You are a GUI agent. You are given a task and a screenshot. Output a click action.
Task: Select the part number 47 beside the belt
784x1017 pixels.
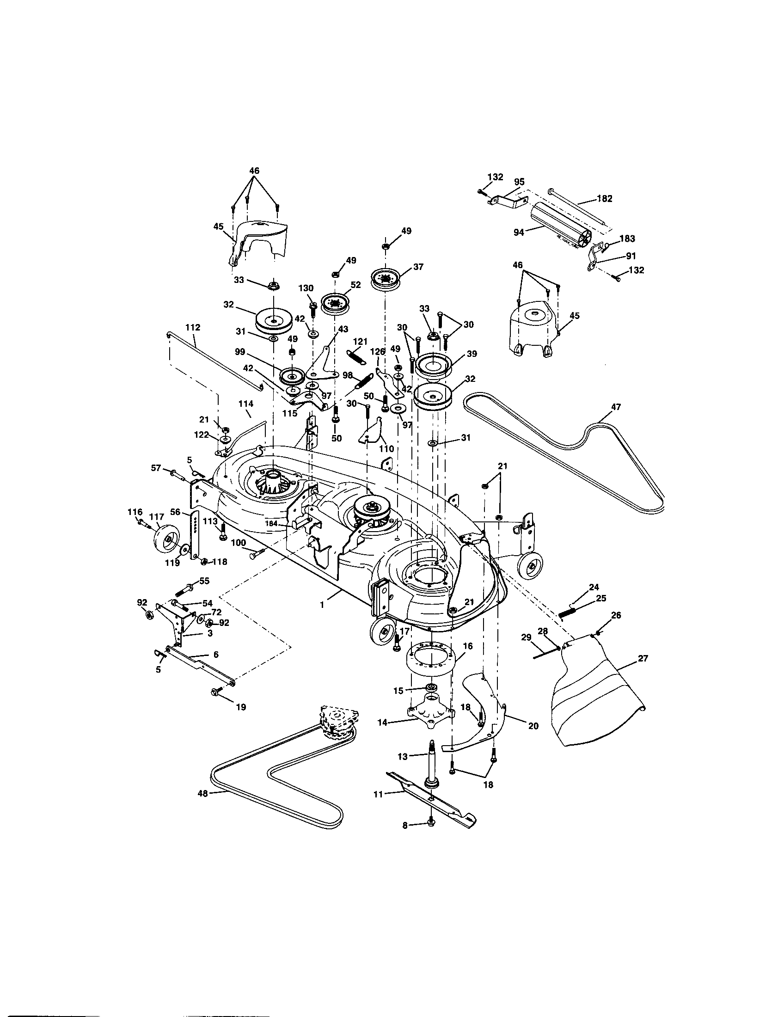point(615,407)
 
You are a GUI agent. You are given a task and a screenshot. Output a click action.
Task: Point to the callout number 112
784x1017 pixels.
point(193,327)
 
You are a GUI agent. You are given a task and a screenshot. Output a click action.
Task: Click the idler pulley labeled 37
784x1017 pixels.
point(385,279)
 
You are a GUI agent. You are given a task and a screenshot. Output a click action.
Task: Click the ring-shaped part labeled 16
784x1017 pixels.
point(432,660)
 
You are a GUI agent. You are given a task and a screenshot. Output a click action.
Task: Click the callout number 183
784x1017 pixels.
point(627,239)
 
